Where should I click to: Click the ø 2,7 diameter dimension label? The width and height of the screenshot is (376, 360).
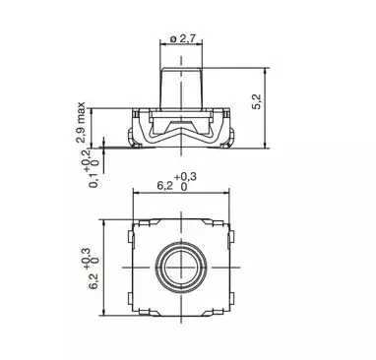coord(183,38)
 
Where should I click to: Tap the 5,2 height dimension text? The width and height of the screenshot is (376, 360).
coord(257,101)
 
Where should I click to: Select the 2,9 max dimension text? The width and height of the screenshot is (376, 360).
coord(81,123)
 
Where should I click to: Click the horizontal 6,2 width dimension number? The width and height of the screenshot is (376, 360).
coord(164,186)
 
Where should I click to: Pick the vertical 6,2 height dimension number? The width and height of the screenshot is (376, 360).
coord(94,281)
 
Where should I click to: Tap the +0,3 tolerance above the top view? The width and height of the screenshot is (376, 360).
coord(185,177)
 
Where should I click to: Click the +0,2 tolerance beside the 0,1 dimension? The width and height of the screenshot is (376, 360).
coord(88,160)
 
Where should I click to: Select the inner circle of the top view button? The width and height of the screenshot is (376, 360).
coord(181,268)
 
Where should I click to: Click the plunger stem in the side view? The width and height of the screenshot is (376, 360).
coord(181,88)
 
